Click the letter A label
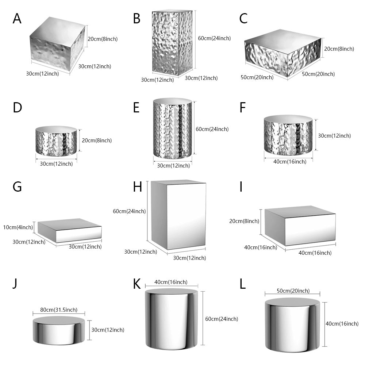click(x=17, y=19)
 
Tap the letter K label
click(x=137, y=284)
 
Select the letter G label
click(x=17, y=187)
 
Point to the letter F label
click(x=243, y=108)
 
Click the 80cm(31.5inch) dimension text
click(x=59, y=310)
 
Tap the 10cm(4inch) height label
click(x=18, y=227)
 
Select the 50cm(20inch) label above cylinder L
click(x=293, y=291)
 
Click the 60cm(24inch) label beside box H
click(x=129, y=211)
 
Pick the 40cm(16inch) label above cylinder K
click(x=171, y=282)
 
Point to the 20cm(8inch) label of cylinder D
click(x=97, y=141)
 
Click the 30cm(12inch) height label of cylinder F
click(x=334, y=136)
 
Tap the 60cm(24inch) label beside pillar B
click(x=214, y=38)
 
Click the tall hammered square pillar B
click(x=172, y=43)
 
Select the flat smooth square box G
click(x=70, y=231)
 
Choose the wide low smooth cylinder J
click(x=59, y=330)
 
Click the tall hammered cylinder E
click(x=173, y=128)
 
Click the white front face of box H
click(x=187, y=216)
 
